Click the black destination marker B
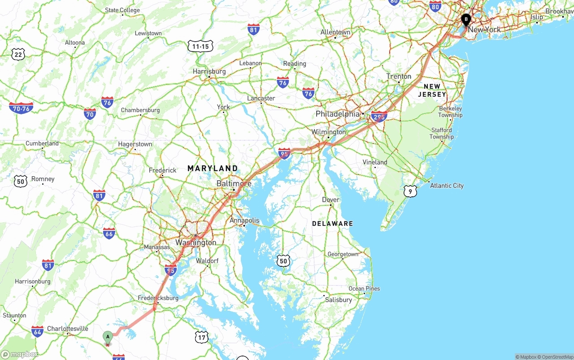coord(466,20)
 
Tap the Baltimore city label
coord(234,184)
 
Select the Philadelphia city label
coord(337,114)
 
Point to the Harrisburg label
coord(209,72)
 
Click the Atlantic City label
coord(447,186)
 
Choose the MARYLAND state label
coord(213,169)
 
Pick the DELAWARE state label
coord(332,223)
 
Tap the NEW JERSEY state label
coord(432,90)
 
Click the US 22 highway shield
coord(18,55)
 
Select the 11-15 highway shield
coord(200,46)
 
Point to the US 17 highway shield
coord(202,337)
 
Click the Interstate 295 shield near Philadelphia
coord(379,117)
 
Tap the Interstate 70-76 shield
coord(21,108)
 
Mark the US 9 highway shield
coord(410,191)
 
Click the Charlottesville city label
coord(68,329)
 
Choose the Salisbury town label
coord(339,299)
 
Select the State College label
coord(122,10)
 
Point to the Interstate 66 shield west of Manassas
coord(109,233)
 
